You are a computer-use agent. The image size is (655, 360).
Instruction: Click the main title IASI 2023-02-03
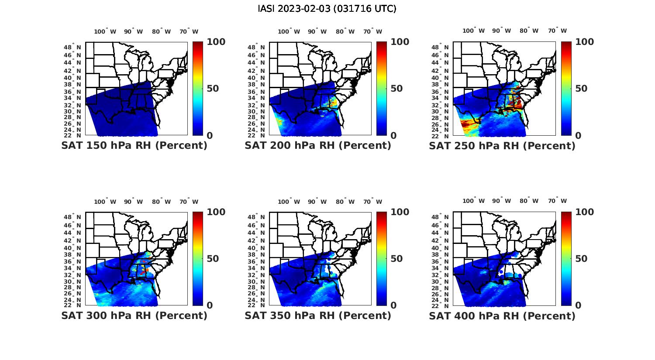pyautogui.click(x=327, y=9)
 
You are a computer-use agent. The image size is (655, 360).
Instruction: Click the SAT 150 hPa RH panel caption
pyautogui.click(x=134, y=146)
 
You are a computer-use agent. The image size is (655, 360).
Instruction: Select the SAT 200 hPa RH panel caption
pyautogui.click(x=318, y=146)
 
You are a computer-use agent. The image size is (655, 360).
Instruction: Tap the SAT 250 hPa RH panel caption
pyautogui.click(x=502, y=146)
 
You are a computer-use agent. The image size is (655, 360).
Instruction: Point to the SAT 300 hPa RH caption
pyautogui.click(x=134, y=315)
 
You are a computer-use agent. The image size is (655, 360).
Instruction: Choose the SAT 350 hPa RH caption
pyautogui.click(x=318, y=315)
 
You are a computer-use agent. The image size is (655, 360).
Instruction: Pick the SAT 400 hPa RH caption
pyautogui.click(x=502, y=315)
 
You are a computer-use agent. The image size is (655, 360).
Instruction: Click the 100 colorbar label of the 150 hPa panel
pyautogui.click(x=216, y=42)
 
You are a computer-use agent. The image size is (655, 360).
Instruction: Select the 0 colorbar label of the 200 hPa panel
pyautogui.click(x=393, y=136)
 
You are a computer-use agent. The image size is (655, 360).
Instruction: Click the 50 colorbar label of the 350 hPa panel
pyautogui.click(x=396, y=259)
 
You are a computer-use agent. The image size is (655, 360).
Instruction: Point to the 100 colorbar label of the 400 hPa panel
pyautogui.click(x=585, y=212)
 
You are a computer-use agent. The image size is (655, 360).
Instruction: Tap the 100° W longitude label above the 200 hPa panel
pyautogui.click(x=289, y=31)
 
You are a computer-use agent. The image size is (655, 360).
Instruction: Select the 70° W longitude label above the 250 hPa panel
pyautogui.click(x=557, y=31)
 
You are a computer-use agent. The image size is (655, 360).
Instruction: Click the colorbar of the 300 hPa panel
pyautogui.click(x=198, y=258)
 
